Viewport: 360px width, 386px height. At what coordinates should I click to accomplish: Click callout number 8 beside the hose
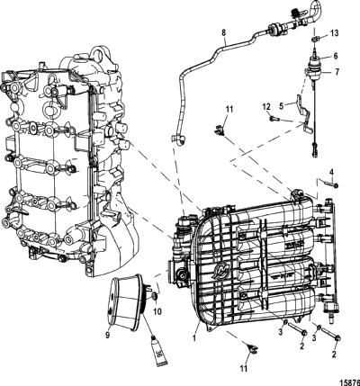(x=223, y=31)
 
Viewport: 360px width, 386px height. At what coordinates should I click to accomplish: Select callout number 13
(x=335, y=32)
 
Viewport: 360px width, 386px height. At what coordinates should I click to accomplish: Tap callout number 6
(x=335, y=56)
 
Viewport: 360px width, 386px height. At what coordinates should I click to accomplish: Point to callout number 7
(x=337, y=72)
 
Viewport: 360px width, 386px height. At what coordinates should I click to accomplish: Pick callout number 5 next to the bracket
(x=281, y=105)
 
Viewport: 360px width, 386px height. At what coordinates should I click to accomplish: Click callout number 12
(x=266, y=106)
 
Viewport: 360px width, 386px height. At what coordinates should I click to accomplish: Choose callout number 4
(x=331, y=172)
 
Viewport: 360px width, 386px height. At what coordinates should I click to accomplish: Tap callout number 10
(x=157, y=311)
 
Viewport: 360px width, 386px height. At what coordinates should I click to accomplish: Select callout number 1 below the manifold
(x=194, y=338)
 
